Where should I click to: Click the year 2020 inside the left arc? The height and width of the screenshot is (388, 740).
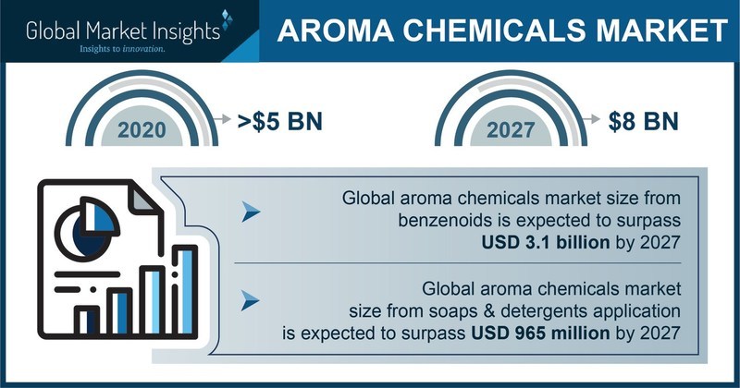[142, 130]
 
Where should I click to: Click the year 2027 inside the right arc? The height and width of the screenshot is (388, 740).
[511, 130]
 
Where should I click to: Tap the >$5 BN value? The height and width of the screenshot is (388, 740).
[280, 121]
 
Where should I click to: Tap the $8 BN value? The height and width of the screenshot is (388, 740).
[643, 121]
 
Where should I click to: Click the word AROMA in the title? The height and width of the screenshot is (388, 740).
[336, 30]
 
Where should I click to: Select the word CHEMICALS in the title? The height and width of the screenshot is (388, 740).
[494, 30]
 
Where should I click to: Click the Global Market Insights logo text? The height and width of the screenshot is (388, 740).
[123, 32]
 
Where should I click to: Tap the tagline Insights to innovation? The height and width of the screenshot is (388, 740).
[122, 49]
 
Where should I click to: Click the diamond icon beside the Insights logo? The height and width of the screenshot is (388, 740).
[228, 20]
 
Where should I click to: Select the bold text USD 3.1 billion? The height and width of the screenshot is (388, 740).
[546, 242]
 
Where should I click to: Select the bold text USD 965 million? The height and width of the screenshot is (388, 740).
[541, 333]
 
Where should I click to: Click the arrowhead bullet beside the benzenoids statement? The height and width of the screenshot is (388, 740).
[251, 212]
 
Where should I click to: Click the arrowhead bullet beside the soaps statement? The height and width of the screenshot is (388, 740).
[250, 301]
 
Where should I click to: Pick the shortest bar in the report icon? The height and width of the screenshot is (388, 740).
[88, 321]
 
